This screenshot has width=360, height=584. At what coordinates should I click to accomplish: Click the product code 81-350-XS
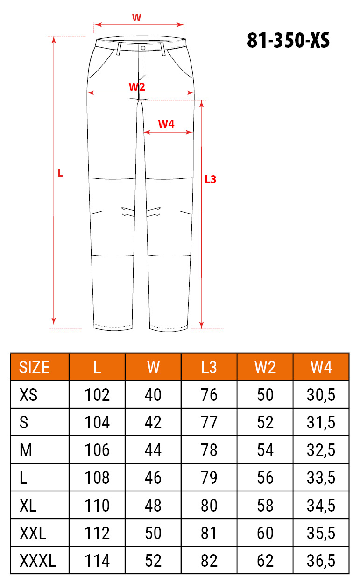tap(289, 40)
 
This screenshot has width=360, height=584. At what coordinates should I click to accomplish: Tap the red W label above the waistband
tap(136, 17)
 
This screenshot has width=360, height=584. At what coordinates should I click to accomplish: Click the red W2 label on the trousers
tap(137, 86)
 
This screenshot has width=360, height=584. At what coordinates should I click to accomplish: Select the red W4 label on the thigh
tap(166, 124)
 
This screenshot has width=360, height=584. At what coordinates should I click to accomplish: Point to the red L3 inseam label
tap(211, 179)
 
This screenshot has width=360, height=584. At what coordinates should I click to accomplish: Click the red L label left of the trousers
tap(60, 173)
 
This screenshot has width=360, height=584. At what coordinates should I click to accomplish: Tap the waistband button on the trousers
tap(143, 48)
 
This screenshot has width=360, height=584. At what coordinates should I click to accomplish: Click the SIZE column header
tap(34, 367)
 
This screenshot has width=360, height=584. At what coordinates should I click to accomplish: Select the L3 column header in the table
tap(209, 367)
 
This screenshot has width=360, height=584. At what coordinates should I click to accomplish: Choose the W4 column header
tap(321, 367)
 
